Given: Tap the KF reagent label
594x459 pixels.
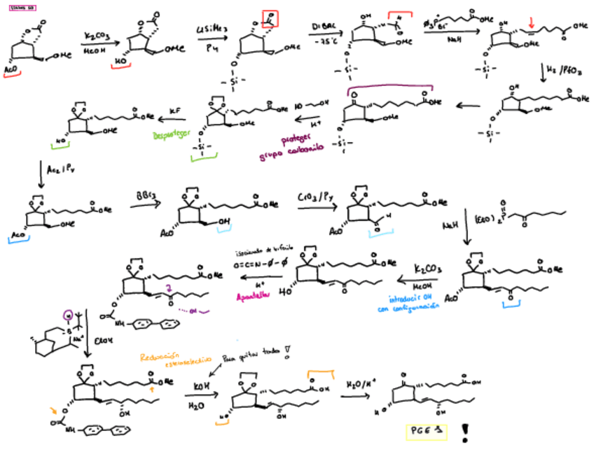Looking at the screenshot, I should [x=175, y=111].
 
